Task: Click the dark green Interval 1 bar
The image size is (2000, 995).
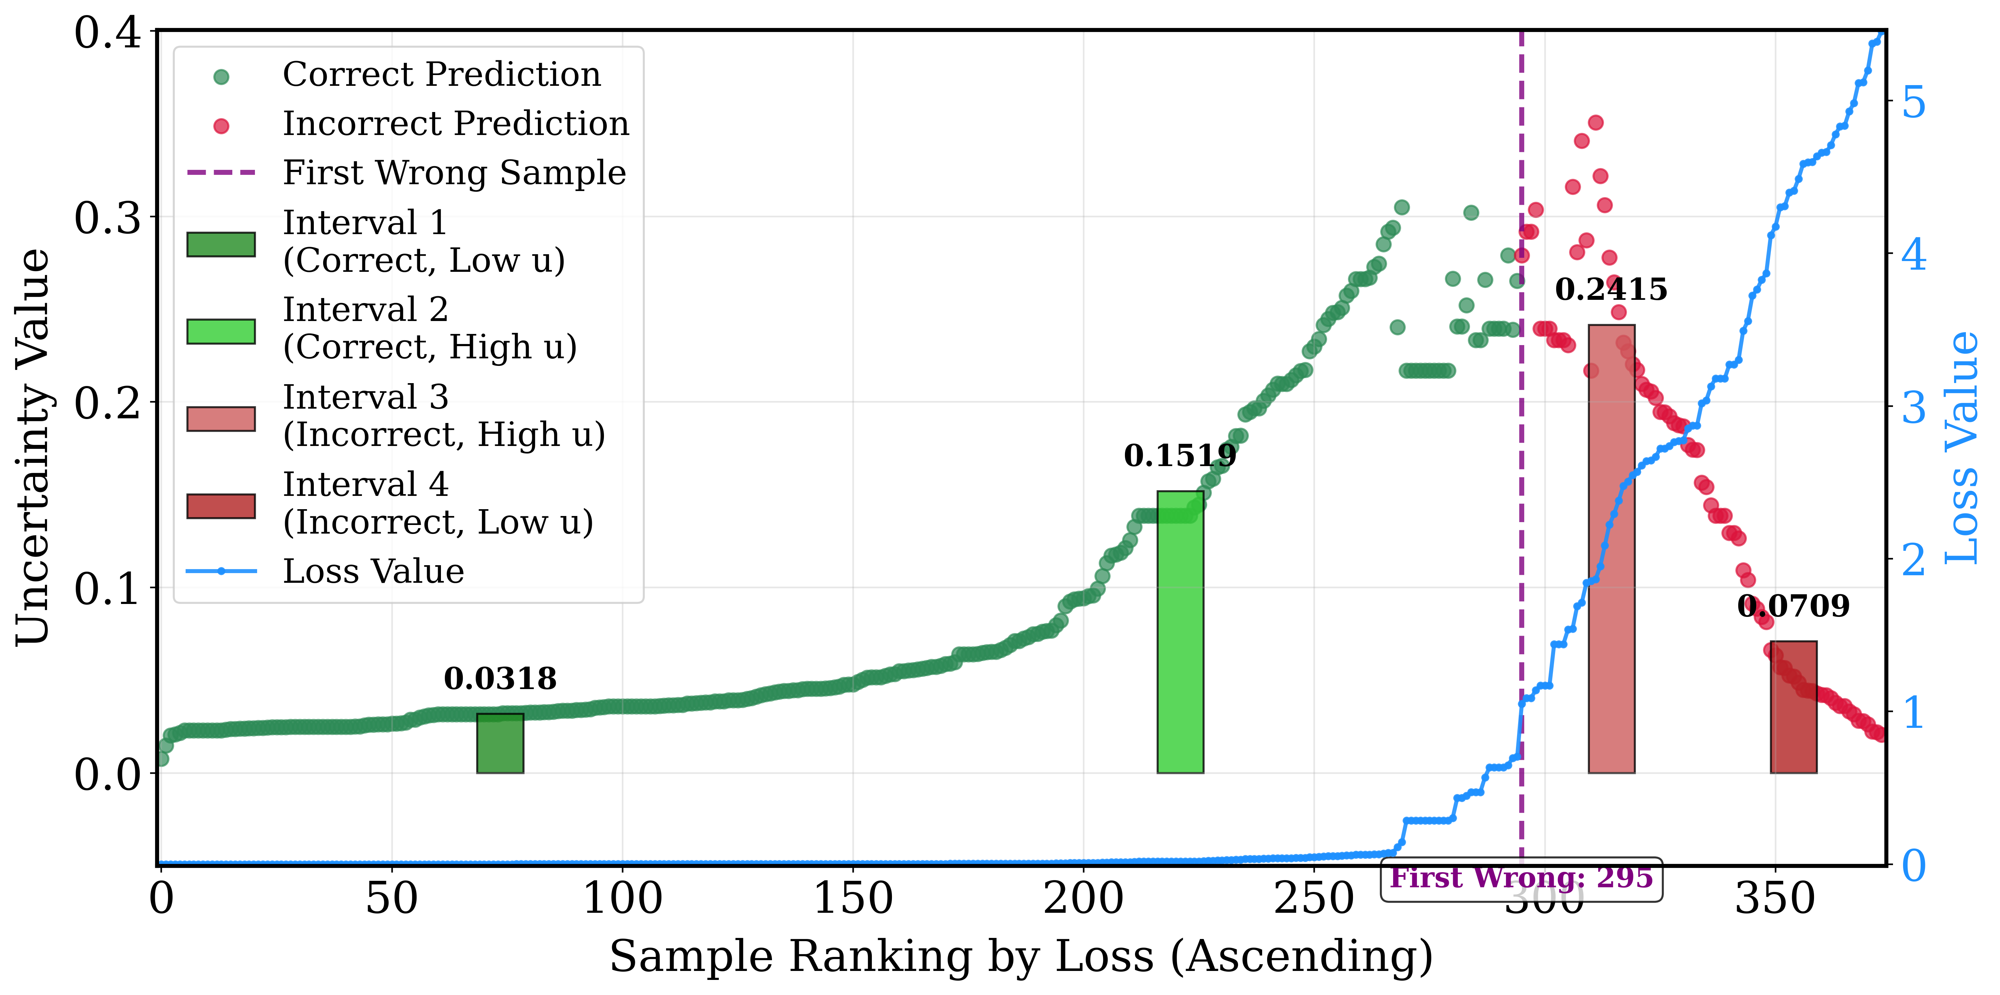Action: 500,743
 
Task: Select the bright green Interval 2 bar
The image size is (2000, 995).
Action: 1180,632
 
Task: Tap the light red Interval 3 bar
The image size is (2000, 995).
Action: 1612,549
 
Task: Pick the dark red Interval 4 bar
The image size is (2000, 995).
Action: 1794,707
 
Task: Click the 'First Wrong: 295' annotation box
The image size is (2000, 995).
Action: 1522,879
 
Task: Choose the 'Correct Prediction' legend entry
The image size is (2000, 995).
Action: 408,75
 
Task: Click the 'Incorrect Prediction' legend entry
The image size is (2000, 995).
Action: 408,124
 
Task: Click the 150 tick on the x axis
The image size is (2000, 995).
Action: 852,899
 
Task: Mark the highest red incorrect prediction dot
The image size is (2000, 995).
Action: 1595,123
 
